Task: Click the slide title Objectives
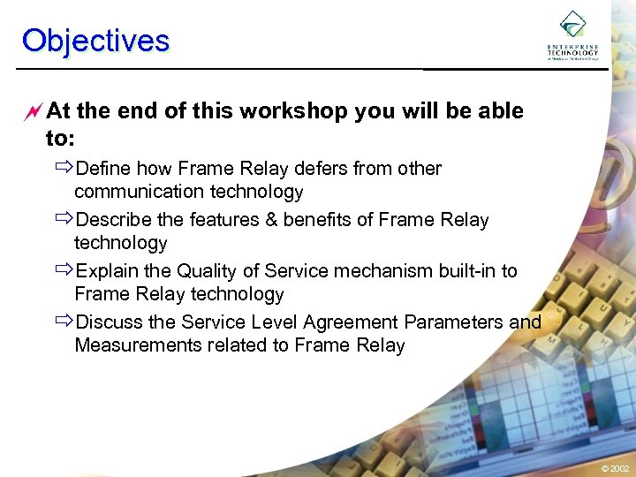[x=95, y=41]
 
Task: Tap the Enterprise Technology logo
[x=572, y=36]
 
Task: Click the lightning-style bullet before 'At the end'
[x=34, y=111]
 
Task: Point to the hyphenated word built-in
[x=467, y=270]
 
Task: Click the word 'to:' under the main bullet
[x=59, y=138]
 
